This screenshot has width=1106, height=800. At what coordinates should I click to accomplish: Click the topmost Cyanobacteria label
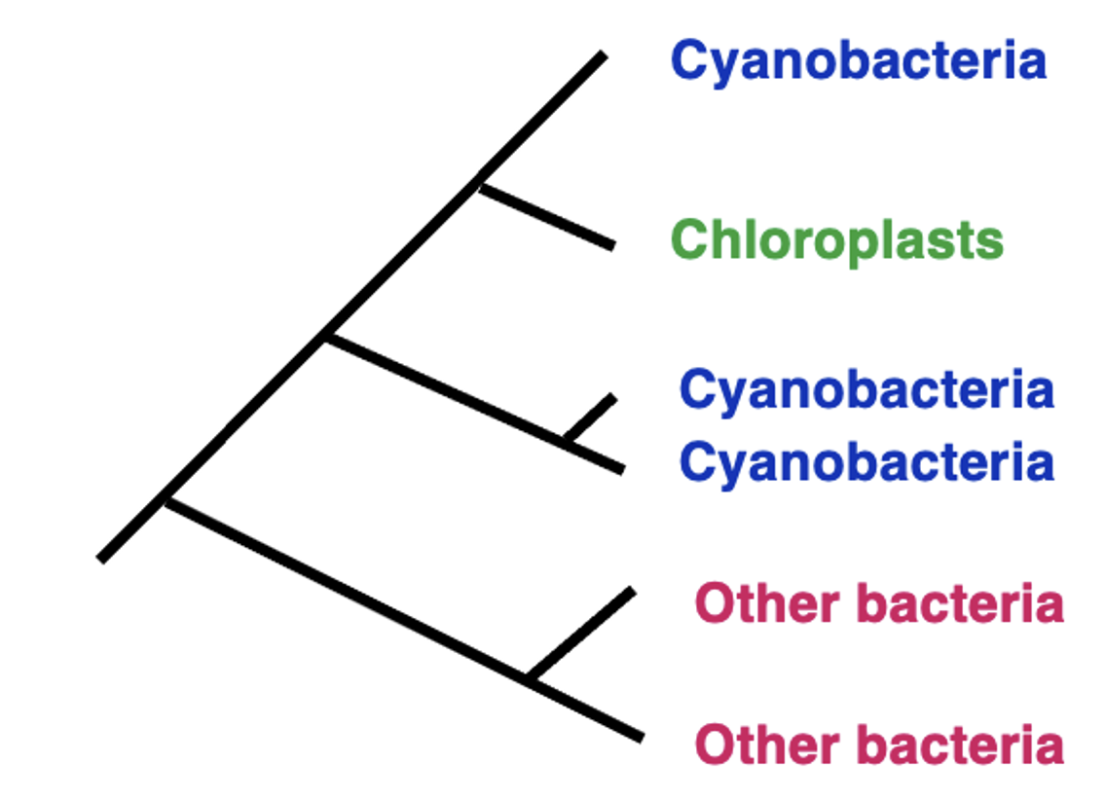(x=858, y=61)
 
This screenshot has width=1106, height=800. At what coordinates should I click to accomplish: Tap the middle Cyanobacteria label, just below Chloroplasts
(x=866, y=390)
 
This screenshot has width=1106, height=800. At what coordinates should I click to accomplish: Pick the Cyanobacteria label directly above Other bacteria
(x=866, y=461)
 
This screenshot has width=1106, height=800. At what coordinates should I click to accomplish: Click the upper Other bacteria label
(x=879, y=604)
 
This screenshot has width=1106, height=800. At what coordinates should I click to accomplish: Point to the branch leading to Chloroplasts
(x=547, y=216)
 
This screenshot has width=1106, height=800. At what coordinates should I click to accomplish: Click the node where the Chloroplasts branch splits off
(x=479, y=183)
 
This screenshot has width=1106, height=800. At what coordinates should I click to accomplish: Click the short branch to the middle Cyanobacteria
(x=591, y=419)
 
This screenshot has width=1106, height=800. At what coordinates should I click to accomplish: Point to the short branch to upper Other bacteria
(x=582, y=634)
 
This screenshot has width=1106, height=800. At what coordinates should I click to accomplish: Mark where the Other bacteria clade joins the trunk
(x=166, y=502)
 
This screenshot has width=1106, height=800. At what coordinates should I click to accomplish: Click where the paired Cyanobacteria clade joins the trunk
(x=325, y=337)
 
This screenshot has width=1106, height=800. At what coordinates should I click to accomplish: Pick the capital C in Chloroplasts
(x=689, y=240)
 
